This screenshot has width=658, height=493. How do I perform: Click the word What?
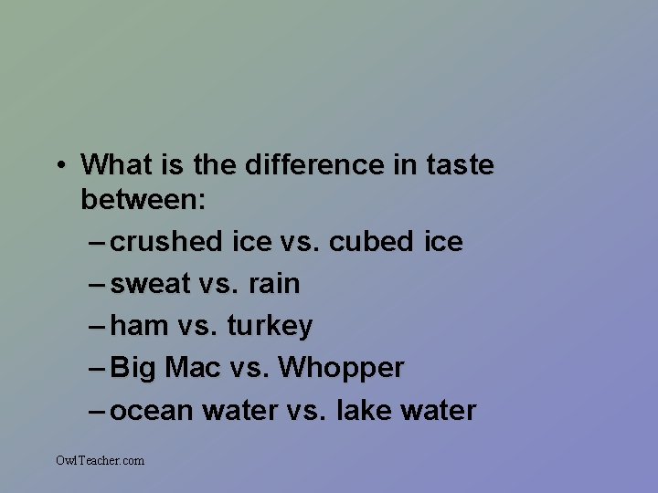pos(116,165)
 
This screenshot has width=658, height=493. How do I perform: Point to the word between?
pos(143,199)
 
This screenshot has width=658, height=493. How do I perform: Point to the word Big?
pos(133,368)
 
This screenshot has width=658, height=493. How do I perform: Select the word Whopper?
pos(341,369)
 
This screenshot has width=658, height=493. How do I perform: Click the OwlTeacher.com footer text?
pos(100,460)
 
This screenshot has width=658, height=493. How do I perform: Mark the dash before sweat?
pos(99,284)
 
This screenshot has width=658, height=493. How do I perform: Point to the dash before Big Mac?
pos(99,368)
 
